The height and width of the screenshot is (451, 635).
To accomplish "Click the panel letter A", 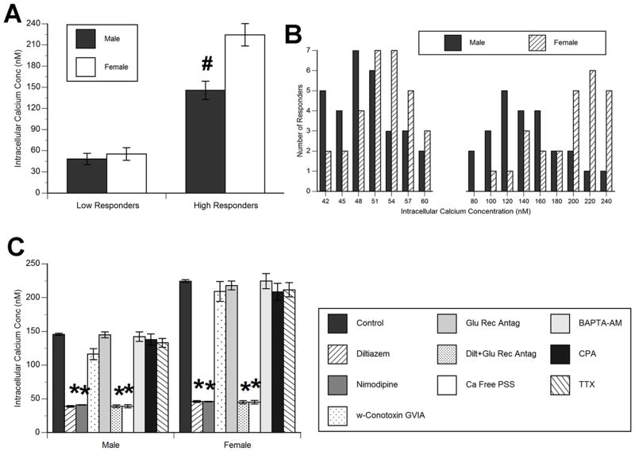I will coord(13,15).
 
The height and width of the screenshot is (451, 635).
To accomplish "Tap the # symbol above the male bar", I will coord(204,65).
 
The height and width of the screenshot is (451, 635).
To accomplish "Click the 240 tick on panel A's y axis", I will coord(34,21).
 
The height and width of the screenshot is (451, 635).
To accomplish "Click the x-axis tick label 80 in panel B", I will coord(472,200).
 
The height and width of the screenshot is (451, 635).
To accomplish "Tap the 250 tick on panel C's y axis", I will coord(34,263).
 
